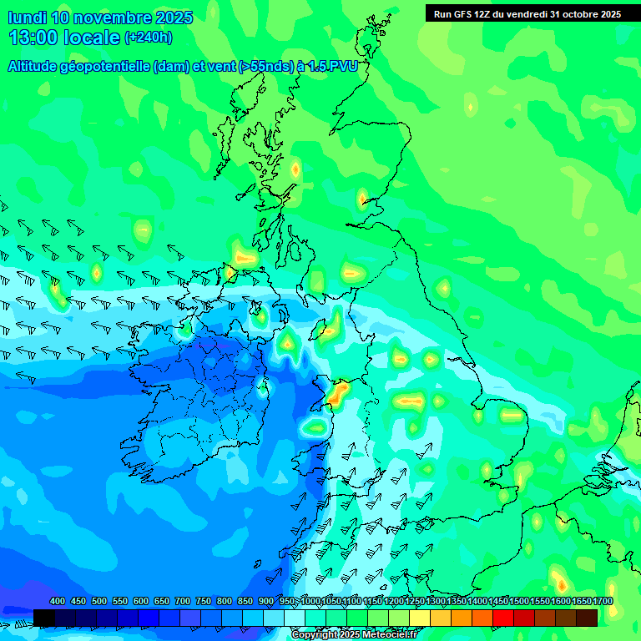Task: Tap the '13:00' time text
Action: point(35,38)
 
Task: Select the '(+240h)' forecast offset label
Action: point(149,38)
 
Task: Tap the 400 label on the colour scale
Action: point(58,602)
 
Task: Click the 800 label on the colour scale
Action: point(225,602)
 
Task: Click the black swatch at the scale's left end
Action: point(44,618)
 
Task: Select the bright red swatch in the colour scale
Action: point(503,618)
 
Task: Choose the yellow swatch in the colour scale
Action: point(420,618)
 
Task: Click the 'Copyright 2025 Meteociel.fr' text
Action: point(353,634)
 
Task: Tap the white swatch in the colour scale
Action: point(295,618)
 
